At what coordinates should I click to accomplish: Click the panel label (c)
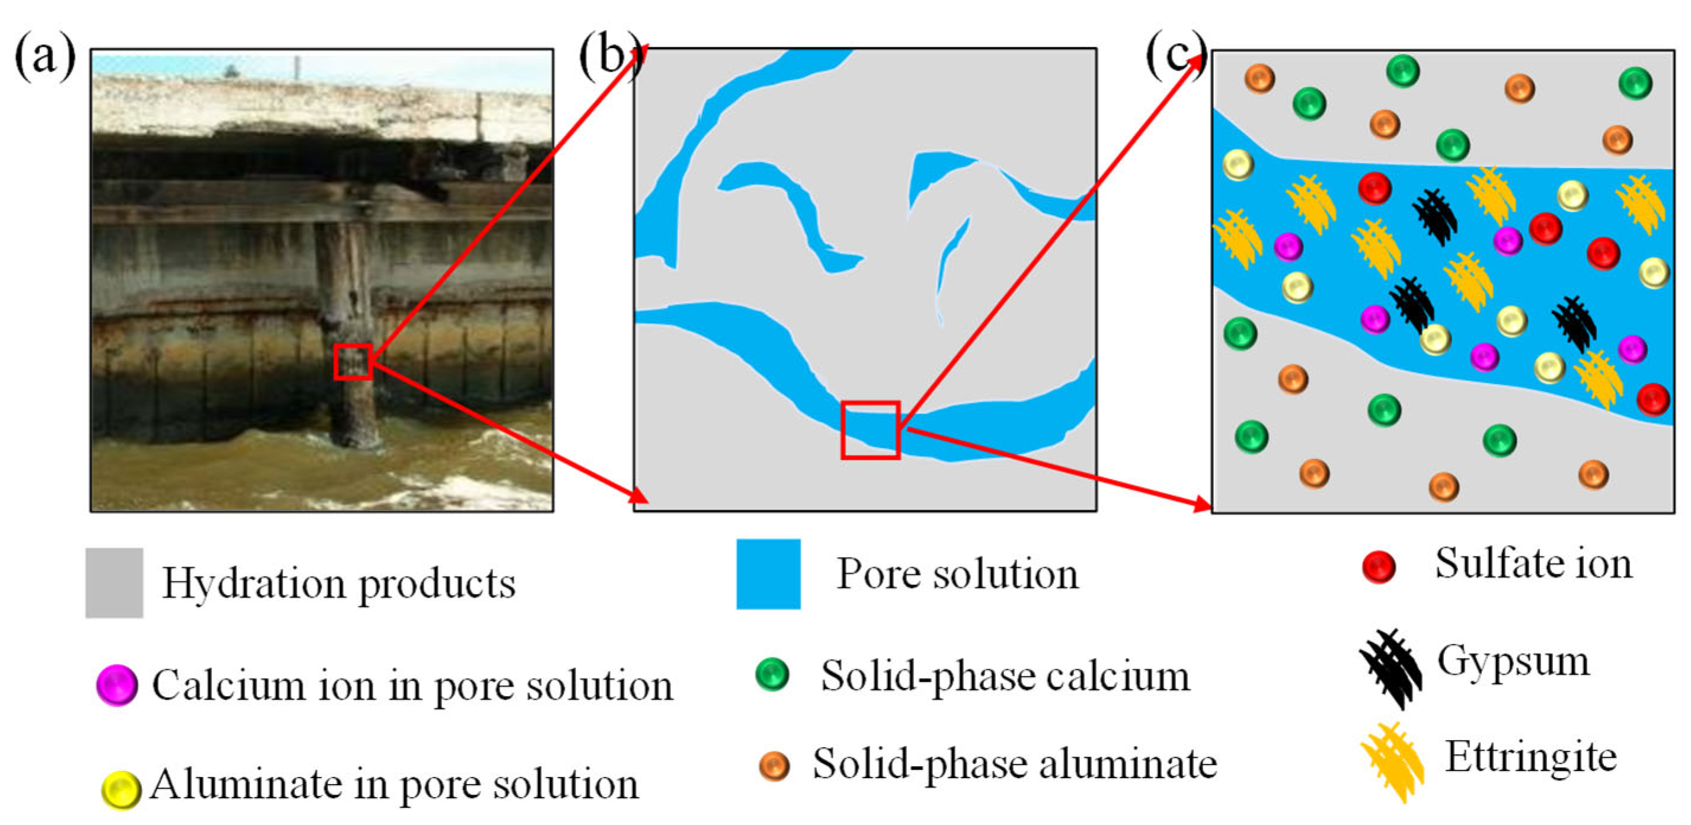click(x=1177, y=56)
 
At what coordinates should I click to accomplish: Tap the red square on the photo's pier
click(x=353, y=362)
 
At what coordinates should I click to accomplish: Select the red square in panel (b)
click(x=871, y=429)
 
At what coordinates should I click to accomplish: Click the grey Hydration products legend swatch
click(x=114, y=582)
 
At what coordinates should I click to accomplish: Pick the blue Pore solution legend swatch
click(x=768, y=574)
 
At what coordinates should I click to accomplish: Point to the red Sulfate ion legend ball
click(x=1379, y=566)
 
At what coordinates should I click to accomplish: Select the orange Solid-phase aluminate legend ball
click(x=774, y=765)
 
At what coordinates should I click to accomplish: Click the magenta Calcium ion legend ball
click(x=117, y=685)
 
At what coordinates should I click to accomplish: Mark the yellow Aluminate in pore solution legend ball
click(x=121, y=789)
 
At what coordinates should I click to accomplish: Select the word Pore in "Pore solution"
click(x=878, y=574)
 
